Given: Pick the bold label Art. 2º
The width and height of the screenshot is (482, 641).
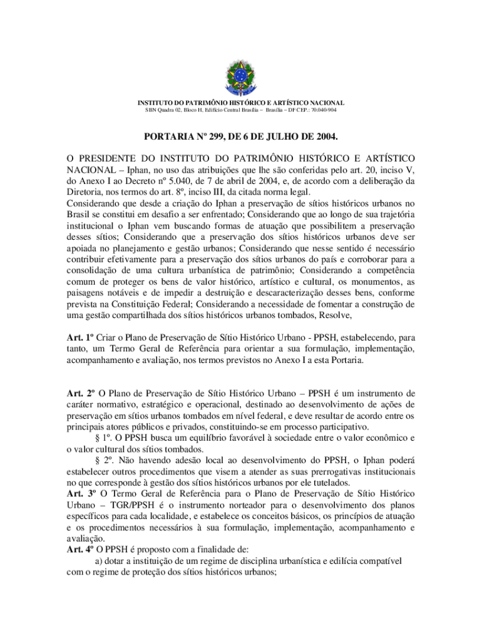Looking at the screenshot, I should point(79,394).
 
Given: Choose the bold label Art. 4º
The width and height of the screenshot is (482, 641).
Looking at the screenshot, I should point(79,551).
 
